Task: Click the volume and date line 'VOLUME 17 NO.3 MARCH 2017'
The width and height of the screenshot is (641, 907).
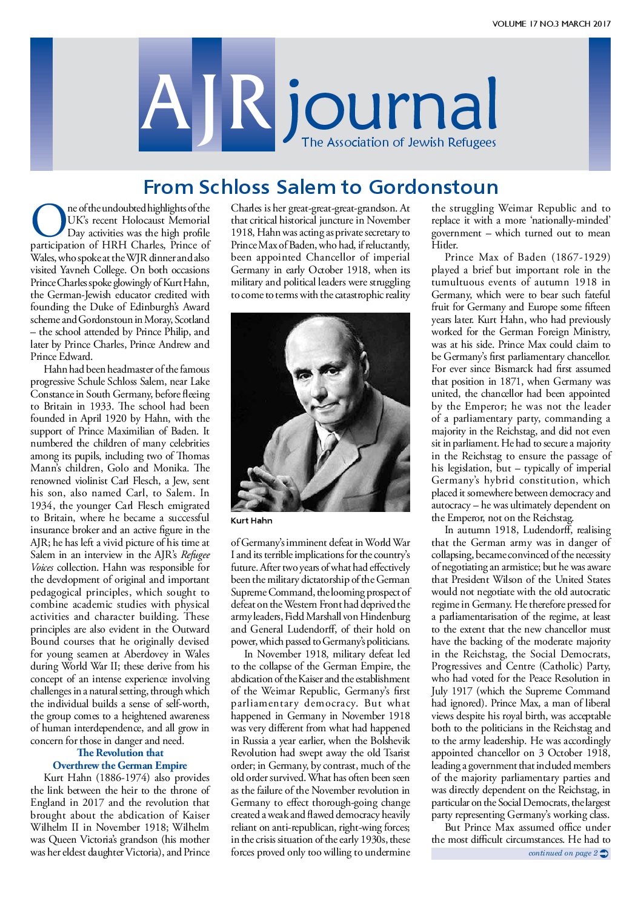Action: tap(551, 24)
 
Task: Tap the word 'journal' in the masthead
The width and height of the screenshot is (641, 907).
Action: tap(391, 109)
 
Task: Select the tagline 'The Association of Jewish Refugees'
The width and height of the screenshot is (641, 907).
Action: tap(399, 143)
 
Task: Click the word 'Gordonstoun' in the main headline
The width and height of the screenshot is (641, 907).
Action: tap(433, 187)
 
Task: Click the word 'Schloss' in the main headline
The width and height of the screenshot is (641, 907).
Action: tap(234, 187)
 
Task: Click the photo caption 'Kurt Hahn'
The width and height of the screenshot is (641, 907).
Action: tap(251, 520)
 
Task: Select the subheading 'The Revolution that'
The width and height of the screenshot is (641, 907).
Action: tap(120, 753)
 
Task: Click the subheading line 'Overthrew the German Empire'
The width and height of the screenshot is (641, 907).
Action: tap(120, 765)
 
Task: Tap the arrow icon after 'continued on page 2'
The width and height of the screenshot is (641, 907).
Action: tap(604, 853)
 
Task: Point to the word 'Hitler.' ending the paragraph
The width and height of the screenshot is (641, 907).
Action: tap(444, 245)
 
